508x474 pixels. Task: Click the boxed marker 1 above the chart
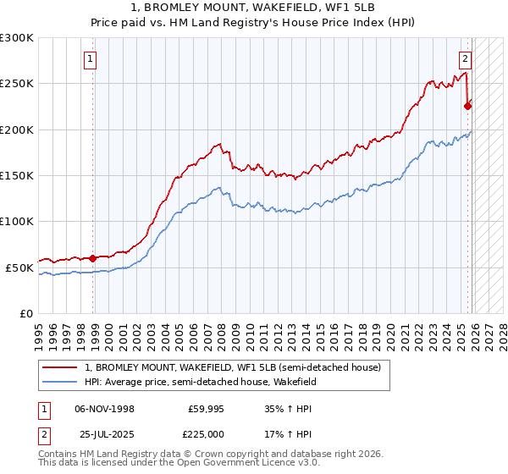click(91, 59)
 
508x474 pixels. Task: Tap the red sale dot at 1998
click(92, 258)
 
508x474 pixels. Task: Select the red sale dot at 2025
click(467, 106)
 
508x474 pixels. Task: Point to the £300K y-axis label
click(17, 38)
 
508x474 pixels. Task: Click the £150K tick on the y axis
click(17, 175)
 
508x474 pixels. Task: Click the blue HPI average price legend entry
click(200, 382)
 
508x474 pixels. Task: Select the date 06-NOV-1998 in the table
click(104, 409)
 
